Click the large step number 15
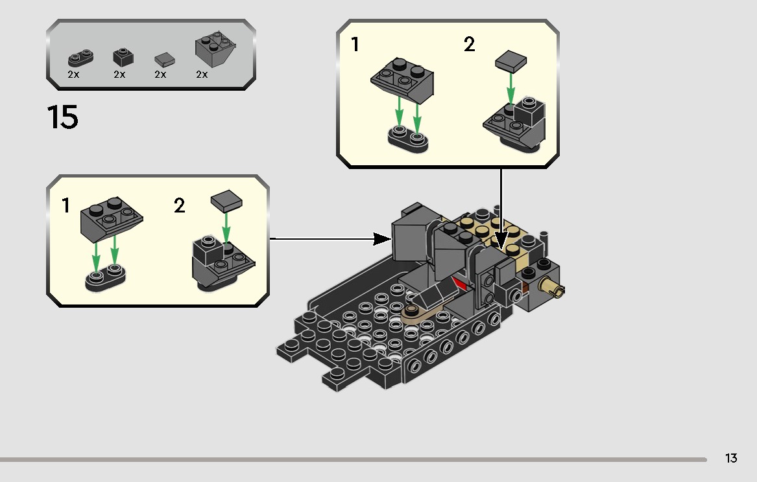(63, 118)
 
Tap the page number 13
(731, 459)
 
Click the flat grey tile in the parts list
(165, 60)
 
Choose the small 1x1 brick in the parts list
(123, 56)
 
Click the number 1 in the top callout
(354, 45)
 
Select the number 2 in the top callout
(469, 45)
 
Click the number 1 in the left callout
(65, 206)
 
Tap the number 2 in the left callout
(180, 206)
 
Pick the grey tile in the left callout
(226, 202)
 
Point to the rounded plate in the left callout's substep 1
(105, 281)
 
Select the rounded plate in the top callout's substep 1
(407, 137)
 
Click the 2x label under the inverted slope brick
(202, 75)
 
